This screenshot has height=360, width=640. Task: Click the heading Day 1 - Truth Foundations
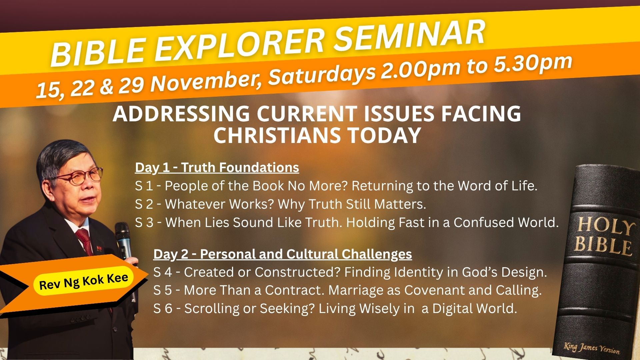[x=217, y=167]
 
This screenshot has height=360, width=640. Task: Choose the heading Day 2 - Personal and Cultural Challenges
[x=283, y=254]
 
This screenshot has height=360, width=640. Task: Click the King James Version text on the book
[x=592, y=348]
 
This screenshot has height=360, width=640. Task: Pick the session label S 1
[x=144, y=186]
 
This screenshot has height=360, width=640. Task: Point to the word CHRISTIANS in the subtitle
[x=277, y=135]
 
